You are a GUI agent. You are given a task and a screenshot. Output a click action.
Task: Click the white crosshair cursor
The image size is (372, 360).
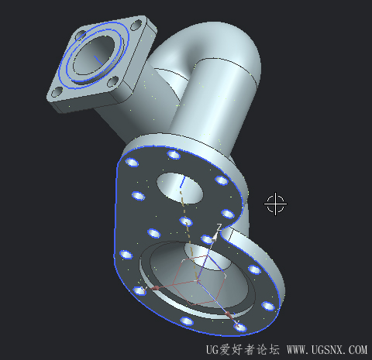click(275, 204)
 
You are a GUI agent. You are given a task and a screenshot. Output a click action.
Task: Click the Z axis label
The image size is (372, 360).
click(219, 228)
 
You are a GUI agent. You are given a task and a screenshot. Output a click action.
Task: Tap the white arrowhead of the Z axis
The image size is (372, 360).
click(214, 237)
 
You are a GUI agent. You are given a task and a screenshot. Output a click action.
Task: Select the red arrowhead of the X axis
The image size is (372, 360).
click(229, 315)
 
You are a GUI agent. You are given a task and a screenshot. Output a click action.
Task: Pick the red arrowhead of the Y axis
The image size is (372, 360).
click(156, 288)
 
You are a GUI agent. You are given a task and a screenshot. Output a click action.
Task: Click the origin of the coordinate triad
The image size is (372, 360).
click(198, 280)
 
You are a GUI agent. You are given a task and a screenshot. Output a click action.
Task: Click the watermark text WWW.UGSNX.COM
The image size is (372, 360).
click(327, 350)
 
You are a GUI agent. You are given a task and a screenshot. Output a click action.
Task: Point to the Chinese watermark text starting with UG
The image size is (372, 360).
click(243, 350)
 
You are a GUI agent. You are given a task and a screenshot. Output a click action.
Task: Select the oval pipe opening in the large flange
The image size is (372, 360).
click(180, 188)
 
